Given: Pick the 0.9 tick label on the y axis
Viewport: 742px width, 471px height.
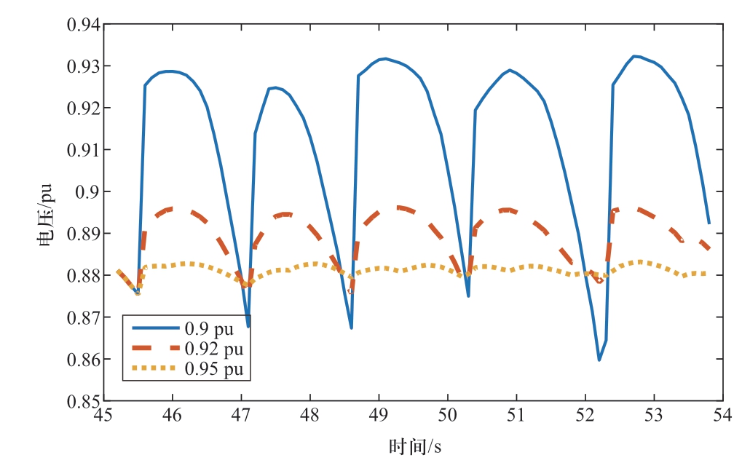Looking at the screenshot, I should [89, 192].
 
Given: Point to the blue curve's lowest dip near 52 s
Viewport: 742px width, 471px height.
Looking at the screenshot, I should [599, 360].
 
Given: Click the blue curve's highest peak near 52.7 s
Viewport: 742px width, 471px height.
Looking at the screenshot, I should [634, 56].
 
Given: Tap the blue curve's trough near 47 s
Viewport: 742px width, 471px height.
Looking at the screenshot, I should [248, 326].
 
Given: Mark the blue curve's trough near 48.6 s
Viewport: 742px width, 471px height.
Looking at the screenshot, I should [351, 328].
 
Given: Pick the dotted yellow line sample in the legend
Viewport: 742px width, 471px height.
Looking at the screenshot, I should [152, 370].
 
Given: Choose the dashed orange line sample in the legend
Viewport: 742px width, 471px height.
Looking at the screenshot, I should [152, 349].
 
